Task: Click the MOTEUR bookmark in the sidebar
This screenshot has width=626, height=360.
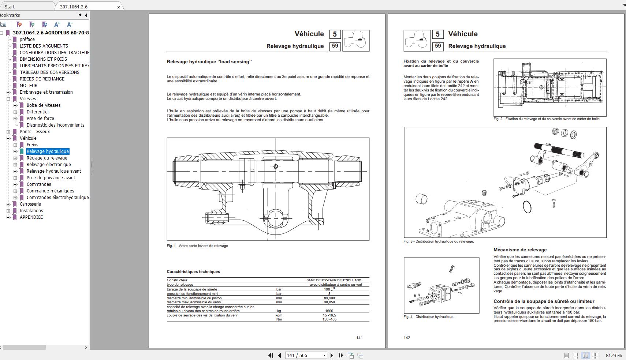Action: pos(28,86)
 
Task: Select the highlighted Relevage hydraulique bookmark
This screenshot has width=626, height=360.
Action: pos(48,151)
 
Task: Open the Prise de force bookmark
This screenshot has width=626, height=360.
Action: pos(40,119)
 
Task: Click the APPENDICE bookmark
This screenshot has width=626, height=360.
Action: pos(31,217)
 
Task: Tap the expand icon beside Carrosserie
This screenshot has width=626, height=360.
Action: pos(8,204)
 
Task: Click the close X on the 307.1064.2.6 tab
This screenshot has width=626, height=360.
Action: pos(119,7)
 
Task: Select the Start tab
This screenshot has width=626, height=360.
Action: pos(10,7)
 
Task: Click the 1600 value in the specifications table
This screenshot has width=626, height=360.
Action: pos(329,311)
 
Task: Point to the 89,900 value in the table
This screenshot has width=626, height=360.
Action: pos(329,298)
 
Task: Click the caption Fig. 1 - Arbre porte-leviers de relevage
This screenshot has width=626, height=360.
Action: pos(197,246)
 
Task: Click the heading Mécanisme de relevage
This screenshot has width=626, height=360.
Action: pos(520,250)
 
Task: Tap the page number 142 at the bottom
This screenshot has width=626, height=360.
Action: pos(407,338)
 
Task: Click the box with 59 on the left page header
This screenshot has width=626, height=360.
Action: pos(335,46)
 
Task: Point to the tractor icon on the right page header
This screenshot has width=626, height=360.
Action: pos(417,40)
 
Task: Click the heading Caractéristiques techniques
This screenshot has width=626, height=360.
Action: pos(193,272)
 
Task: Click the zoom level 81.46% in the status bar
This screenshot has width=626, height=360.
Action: pos(613,356)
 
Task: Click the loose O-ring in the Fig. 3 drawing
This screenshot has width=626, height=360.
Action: pos(527,207)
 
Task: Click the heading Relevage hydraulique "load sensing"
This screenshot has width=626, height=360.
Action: pos(209,62)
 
